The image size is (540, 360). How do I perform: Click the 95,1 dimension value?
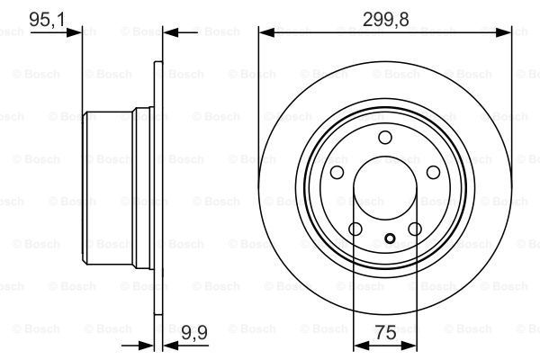coord(47,19)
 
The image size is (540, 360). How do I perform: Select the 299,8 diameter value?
coord(386,19)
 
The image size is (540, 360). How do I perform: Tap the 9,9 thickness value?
coord(194,333)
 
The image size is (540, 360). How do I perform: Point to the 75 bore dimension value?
coord(385,333)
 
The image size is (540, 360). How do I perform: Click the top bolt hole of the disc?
coord(385,137)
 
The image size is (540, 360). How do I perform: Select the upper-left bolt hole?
coord(337,172)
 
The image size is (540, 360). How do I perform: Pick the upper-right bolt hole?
coord(433,172)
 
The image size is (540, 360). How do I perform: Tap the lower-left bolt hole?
coord(355,229)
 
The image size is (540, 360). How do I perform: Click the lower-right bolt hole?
coord(415,229)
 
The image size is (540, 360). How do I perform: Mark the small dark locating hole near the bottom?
coord(390,238)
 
